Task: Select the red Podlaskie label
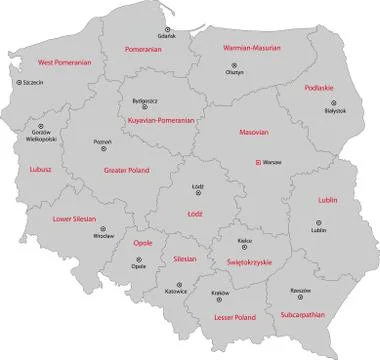coord(318,87)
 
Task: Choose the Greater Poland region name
coord(126,171)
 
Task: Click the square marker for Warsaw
coord(258,163)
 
